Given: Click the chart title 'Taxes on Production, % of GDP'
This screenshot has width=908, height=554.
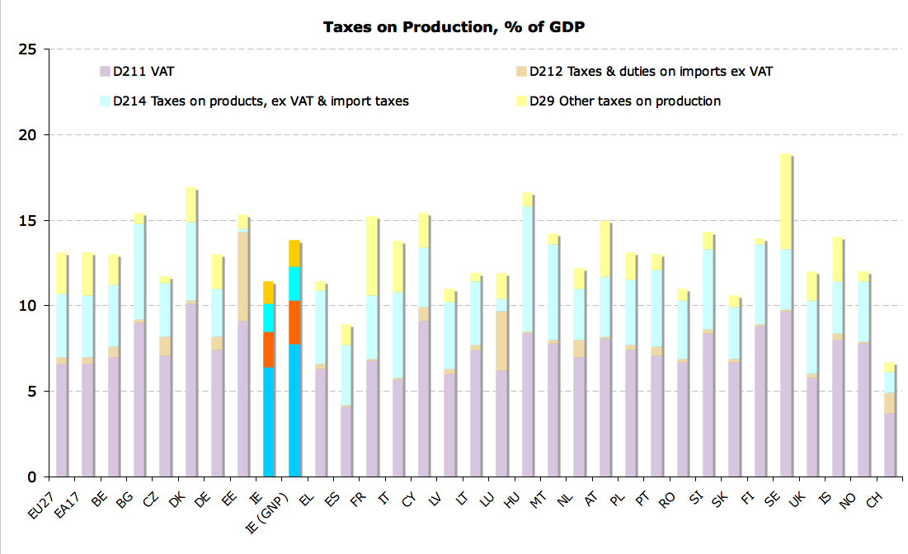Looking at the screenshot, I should click(454, 27).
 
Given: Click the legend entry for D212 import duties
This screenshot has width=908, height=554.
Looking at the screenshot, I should click(651, 71).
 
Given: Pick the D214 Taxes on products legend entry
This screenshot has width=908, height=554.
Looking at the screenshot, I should click(261, 101).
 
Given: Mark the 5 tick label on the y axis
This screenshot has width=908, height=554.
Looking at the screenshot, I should click(32, 392).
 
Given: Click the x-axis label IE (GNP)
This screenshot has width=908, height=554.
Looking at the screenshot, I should click(283, 504).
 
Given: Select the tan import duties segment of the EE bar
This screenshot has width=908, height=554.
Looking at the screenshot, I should click(243, 277).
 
